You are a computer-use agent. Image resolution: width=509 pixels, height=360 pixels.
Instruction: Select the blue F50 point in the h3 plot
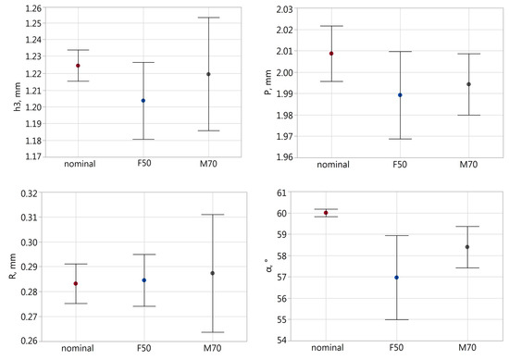(x=143, y=100)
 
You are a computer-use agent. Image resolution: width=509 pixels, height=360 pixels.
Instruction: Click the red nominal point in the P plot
(x=331, y=54)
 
